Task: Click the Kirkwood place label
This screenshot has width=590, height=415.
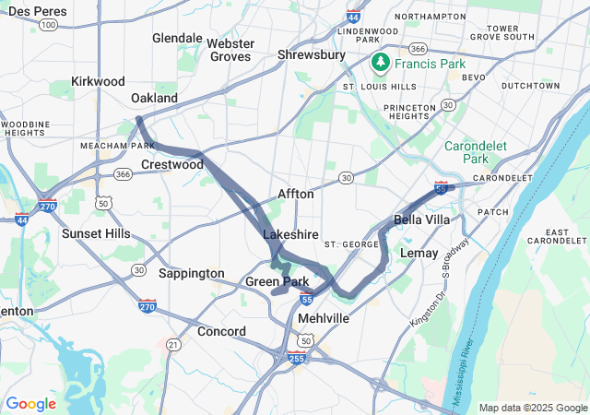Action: tap(97, 81)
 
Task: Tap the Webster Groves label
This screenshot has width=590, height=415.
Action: tap(229, 50)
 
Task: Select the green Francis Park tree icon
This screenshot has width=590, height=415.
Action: tap(379, 62)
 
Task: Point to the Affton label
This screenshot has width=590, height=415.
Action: tap(296, 195)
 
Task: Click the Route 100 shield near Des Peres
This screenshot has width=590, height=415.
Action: tap(48, 25)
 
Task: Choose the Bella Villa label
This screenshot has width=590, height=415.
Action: tap(421, 219)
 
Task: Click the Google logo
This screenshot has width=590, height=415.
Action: tap(30, 404)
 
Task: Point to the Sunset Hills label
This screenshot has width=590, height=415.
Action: tap(96, 233)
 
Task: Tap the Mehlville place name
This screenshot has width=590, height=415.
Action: tap(323, 317)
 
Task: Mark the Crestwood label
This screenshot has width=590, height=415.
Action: tap(171, 164)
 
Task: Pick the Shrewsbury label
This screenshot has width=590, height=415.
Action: tap(311, 55)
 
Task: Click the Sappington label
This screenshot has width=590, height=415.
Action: tap(191, 273)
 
